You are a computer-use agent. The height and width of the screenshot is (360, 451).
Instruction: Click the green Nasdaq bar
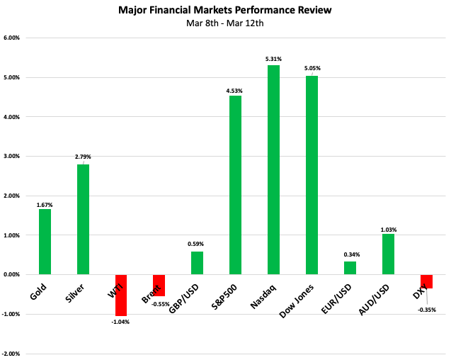click(273, 169)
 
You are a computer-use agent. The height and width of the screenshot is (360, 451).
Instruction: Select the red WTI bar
click(121, 295)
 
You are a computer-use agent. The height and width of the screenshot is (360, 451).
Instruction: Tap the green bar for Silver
click(83, 219)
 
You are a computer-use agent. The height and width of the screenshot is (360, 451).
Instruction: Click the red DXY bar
click(426, 281)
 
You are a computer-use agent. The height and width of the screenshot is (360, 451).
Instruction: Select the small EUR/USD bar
click(350, 268)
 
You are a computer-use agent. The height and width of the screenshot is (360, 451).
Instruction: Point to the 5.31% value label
click(273, 59)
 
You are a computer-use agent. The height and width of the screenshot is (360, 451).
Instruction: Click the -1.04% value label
click(121, 322)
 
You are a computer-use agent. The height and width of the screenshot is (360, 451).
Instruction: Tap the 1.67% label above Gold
click(45, 205)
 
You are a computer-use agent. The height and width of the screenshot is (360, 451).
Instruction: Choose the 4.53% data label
click(235, 89)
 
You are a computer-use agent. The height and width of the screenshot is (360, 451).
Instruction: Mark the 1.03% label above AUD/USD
click(388, 230)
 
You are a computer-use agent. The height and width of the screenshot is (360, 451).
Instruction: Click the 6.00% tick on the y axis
click(14, 38)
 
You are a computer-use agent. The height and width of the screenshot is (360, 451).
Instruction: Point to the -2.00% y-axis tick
click(13, 354)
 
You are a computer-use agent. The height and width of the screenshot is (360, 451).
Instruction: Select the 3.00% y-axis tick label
click(14, 156)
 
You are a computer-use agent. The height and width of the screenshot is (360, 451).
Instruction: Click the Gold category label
click(40, 289)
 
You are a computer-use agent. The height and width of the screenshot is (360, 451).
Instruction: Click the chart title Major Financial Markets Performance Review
click(225, 11)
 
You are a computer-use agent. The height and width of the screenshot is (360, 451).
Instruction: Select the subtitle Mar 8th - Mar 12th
click(225, 23)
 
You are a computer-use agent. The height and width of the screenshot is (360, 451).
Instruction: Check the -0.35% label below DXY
click(426, 310)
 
